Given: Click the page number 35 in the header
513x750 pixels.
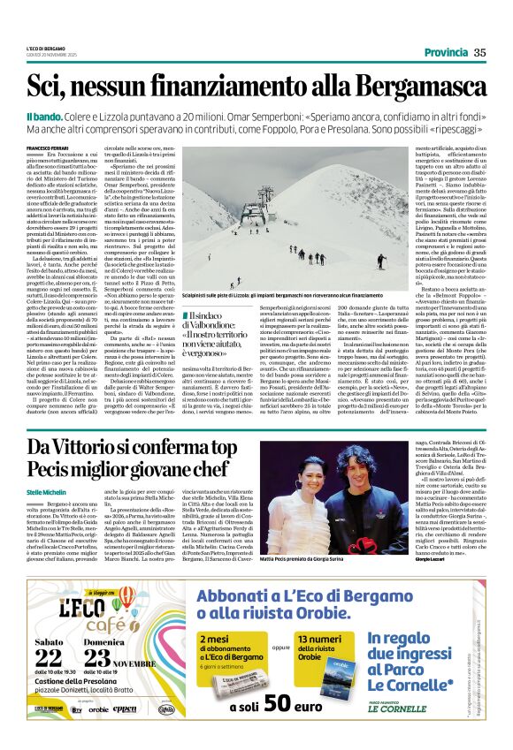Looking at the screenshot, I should pyautogui.click(x=479, y=53).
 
